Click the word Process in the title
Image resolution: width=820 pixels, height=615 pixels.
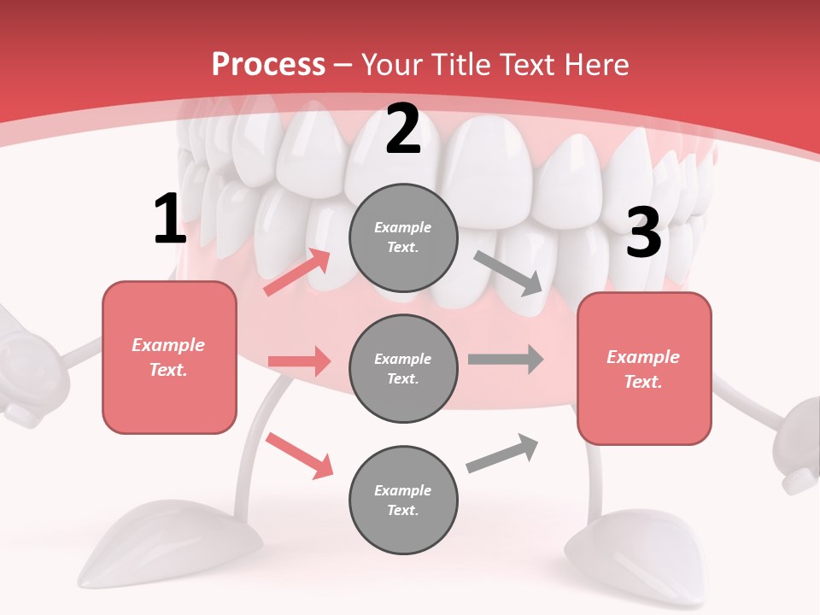tap(268, 65)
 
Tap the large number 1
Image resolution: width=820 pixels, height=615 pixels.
tap(169, 220)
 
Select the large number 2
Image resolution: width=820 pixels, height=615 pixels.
tap(403, 129)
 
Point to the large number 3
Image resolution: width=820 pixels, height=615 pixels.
tap(643, 233)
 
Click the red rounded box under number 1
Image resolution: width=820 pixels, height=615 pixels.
tap(169, 357)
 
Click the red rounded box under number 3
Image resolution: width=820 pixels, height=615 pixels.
tap(644, 368)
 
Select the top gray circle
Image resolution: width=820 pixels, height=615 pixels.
tap(403, 237)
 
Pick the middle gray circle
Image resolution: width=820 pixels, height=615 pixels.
tap(403, 368)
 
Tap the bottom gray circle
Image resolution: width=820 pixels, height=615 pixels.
tap(403, 500)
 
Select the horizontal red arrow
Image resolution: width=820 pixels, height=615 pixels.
tap(299, 361)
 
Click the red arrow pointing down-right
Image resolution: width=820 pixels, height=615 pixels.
tap(300, 454)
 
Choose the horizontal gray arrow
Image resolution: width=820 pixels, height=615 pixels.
tap(506, 359)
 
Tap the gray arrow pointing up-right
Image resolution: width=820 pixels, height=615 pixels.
tap(503, 454)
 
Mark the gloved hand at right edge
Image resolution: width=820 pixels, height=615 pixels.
tap(798, 444)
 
